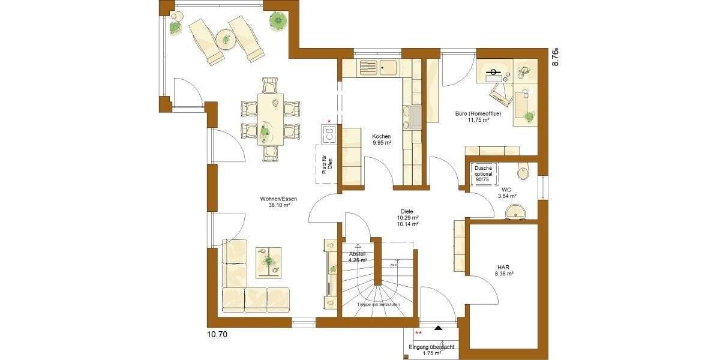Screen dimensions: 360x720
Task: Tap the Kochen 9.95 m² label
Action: (382, 140)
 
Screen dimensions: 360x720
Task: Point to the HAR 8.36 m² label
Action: (505, 271)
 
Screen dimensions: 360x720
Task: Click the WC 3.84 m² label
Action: (507, 193)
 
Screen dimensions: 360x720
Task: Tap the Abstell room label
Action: (358, 257)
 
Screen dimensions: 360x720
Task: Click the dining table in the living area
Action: (271, 119)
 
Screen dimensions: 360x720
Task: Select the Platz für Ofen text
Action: (326, 163)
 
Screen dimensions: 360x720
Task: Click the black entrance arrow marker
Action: (439, 328)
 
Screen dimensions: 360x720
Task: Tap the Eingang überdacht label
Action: (431, 347)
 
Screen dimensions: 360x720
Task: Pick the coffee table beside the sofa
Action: (268, 262)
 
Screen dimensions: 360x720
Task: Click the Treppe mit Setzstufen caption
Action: (379, 305)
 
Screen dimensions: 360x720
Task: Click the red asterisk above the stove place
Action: (329, 121)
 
